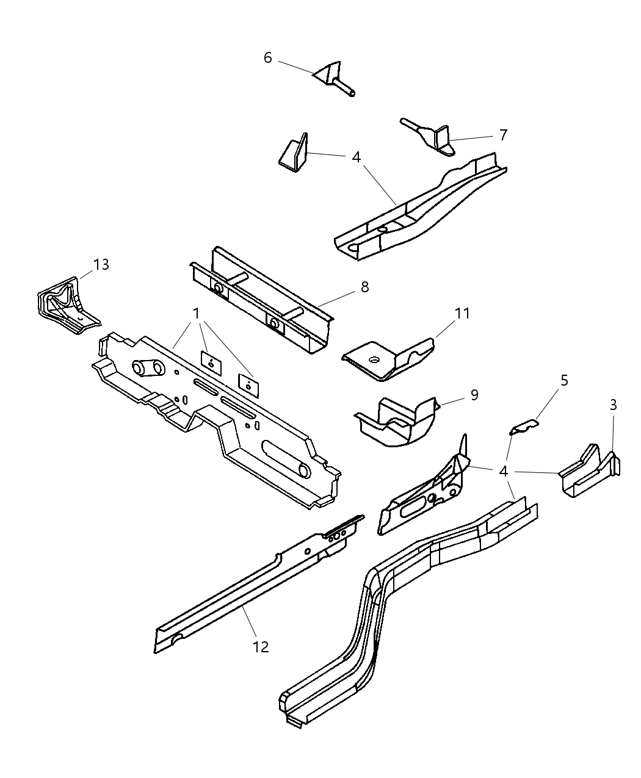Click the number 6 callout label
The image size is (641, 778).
[x=267, y=57]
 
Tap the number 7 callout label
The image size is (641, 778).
[x=503, y=135]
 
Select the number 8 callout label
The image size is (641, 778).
[x=364, y=287]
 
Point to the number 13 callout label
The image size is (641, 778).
[x=101, y=264]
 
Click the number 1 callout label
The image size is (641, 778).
[x=197, y=313]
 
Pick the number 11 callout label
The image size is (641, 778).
[x=462, y=313]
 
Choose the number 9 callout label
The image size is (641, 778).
[x=474, y=395]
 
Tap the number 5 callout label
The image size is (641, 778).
[x=564, y=380]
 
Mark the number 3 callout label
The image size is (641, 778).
[x=613, y=405]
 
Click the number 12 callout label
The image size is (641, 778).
[x=261, y=647]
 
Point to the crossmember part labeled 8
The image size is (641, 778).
[x=263, y=299]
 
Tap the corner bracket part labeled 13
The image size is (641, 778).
[x=64, y=305]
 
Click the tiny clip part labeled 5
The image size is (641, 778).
[x=524, y=427]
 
